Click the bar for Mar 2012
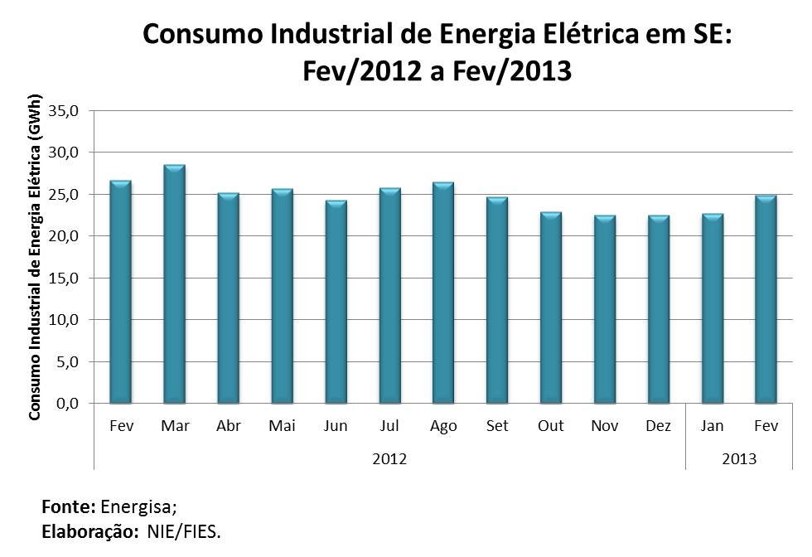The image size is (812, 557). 175,284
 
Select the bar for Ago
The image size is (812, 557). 444,293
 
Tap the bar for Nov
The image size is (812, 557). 605,309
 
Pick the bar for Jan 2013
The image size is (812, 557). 713,308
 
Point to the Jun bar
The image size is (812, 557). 336,302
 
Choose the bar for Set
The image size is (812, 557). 497,300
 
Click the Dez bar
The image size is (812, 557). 659,309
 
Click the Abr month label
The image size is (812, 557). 229,426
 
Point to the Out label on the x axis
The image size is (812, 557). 551,426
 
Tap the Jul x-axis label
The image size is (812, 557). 389,426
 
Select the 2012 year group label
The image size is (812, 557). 389,458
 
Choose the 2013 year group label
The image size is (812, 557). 739,458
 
